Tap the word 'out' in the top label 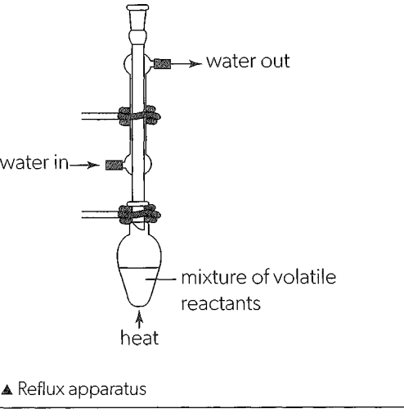276,61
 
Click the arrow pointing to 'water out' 186,64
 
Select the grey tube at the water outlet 162,64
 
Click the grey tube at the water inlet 114,165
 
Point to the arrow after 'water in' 84,165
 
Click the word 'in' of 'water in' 61,163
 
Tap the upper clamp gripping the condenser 139,116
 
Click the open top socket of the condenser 138,17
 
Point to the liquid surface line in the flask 138,267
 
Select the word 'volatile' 304,277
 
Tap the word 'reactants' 221,303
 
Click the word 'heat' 139,338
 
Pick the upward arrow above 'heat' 139,319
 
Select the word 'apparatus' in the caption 107,390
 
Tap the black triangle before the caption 7,389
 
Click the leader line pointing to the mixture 161,279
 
